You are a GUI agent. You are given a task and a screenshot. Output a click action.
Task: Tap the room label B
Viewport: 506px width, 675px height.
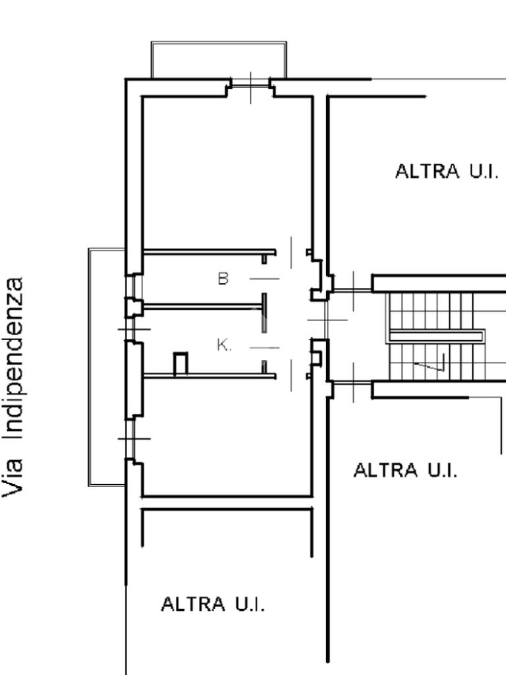[223, 279]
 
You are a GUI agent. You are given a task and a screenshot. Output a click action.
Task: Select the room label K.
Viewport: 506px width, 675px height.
[224, 345]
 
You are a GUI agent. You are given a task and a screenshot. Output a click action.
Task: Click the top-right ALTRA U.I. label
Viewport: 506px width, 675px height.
[447, 171]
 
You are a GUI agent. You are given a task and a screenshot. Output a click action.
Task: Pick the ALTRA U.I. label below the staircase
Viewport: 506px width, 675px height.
[405, 471]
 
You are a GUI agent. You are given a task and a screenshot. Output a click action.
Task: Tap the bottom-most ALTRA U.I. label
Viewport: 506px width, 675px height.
[213, 604]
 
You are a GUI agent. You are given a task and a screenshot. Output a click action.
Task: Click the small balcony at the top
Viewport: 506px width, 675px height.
[219, 60]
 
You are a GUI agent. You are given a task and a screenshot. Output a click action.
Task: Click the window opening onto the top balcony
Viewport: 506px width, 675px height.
[250, 84]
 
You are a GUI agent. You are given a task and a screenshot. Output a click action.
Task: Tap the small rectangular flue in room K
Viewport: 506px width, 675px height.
[180, 364]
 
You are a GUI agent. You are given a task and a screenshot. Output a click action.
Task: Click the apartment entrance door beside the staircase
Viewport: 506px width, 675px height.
[318, 320]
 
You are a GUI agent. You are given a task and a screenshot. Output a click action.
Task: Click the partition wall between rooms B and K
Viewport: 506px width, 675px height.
[204, 306]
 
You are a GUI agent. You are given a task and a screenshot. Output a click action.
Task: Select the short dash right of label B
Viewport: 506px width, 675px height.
[264, 279]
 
